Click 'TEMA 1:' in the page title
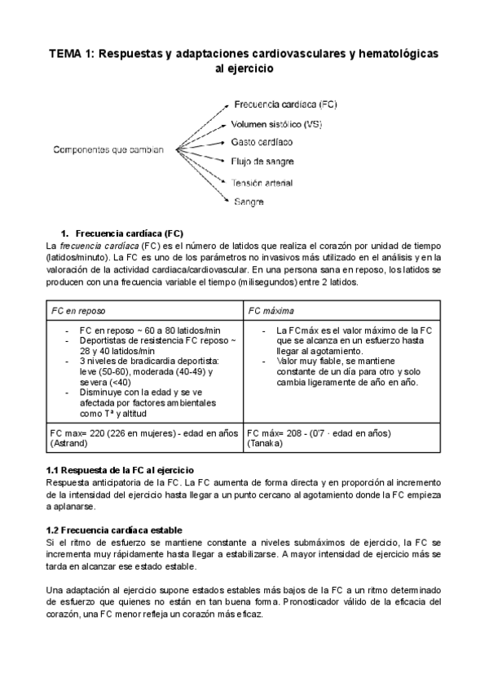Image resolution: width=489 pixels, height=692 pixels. tap(72, 53)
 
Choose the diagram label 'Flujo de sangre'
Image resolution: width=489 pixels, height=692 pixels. tap(262, 162)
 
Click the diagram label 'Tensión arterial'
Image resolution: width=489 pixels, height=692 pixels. tap(262, 182)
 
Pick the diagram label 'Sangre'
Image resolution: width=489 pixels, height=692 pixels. tap(249, 201)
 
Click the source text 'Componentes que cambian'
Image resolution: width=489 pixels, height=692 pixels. tap(108, 150)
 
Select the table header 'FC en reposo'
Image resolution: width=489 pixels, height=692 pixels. tap(78, 311)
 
